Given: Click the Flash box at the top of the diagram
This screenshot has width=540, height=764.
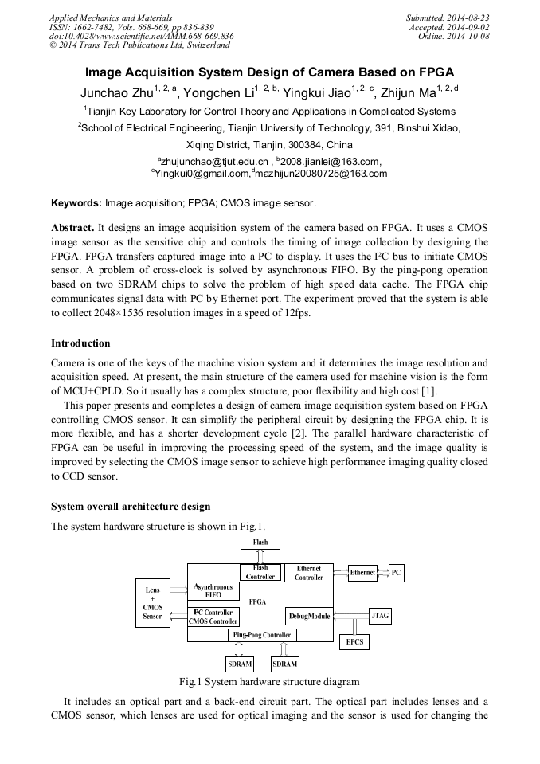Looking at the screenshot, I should coord(260,542).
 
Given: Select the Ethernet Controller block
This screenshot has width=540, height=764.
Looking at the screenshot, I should coord(308,573).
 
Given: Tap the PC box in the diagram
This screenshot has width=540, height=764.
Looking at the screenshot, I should coord(396,572).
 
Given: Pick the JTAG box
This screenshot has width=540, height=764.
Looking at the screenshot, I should coord(380,616).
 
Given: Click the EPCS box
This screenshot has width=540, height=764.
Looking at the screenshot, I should coord(354,641).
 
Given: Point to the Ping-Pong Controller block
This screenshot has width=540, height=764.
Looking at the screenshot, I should coord(262,635).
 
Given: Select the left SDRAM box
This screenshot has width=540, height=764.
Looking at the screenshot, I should coord(240,663).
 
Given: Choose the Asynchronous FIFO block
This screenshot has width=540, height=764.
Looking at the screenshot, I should coord(213,590).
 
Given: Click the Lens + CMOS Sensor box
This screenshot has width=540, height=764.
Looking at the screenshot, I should coord(152,603).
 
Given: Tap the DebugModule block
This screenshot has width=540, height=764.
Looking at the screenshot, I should coord(308,616).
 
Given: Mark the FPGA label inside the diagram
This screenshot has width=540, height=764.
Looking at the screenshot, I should coord(257,601).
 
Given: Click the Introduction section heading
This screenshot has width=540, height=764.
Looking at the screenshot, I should coord(80,343).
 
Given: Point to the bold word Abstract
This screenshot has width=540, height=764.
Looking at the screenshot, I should coord(72,227).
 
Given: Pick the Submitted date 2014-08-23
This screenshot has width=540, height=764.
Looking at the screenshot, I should coord(462,18).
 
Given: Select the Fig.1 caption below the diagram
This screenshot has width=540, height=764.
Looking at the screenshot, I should coord(269,682).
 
